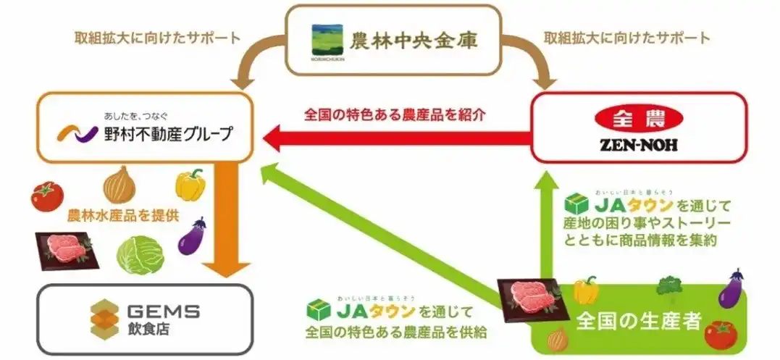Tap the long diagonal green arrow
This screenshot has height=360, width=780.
point(384,239)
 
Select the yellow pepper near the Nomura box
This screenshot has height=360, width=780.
point(190,185)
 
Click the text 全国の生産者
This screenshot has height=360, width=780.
point(639,320)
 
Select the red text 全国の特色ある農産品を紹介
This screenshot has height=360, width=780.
point(395,115)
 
